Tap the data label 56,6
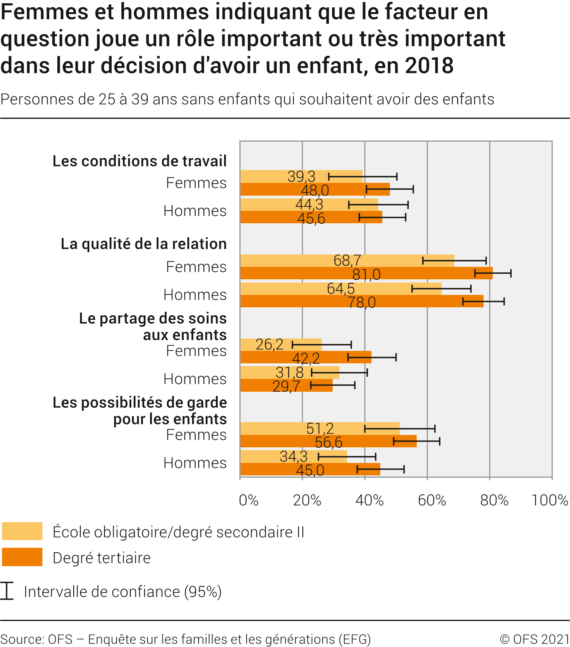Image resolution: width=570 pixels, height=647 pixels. click(x=329, y=442)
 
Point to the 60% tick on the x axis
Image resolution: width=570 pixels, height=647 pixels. click(x=432, y=500)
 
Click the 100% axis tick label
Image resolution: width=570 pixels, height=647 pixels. click(x=550, y=500)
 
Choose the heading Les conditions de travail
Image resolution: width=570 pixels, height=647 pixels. click(x=140, y=161)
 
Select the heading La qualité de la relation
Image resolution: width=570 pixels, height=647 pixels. click(x=144, y=244)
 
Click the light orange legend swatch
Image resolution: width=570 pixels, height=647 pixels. click(x=22, y=531)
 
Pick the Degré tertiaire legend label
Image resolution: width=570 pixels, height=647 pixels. click(x=102, y=558)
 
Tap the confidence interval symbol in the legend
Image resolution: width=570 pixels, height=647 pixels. click(x=7, y=591)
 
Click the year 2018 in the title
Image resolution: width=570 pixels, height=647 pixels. click(x=429, y=66)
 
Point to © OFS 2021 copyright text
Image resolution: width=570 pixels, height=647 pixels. click(x=534, y=639)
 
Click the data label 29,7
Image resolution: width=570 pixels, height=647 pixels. click(x=286, y=386)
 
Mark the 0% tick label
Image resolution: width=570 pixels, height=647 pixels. click(x=249, y=500)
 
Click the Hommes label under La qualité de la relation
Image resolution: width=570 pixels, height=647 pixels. click(x=195, y=295)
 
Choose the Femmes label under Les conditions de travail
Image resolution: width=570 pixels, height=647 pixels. click(x=196, y=183)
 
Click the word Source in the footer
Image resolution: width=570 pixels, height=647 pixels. click(x=22, y=639)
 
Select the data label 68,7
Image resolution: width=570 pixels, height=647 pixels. click(x=347, y=260)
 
